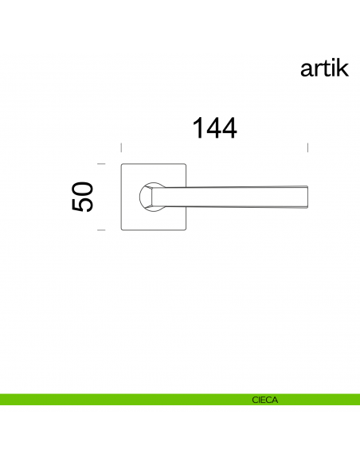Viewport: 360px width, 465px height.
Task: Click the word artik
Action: click(324, 68)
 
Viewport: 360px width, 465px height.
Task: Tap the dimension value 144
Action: click(214, 127)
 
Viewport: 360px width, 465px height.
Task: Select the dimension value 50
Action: click(83, 197)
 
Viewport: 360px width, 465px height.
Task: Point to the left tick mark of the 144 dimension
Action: click(120, 147)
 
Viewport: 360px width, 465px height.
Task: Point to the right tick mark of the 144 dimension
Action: click(308, 147)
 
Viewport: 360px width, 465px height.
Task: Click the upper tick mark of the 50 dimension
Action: click(101, 164)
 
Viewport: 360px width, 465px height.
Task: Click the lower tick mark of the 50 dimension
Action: click(101, 229)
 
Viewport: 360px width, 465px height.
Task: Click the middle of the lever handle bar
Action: click(231, 197)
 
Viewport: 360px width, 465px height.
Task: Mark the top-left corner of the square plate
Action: click(121, 165)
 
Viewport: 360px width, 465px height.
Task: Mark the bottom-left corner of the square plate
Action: click(121, 229)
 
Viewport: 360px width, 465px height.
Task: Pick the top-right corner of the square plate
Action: click(186, 165)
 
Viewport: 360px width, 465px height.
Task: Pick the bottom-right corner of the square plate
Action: click(186, 229)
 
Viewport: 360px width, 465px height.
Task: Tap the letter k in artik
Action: click(342, 68)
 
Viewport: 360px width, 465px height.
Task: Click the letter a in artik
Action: click(307, 70)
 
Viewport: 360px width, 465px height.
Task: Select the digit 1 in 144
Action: click(196, 127)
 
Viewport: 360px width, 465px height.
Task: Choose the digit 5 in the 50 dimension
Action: click(83, 205)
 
